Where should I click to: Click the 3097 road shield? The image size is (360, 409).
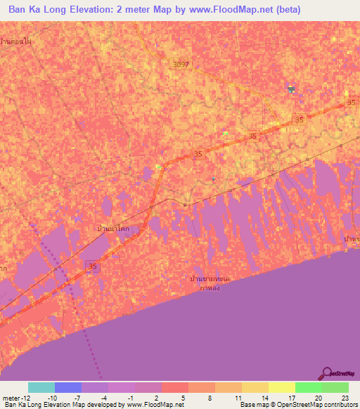click(181, 64)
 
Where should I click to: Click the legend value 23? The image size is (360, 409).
click(345, 397)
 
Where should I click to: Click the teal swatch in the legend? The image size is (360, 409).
click(41, 387)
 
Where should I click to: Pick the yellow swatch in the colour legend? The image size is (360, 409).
click(282, 387)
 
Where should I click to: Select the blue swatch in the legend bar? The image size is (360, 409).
click(68, 387)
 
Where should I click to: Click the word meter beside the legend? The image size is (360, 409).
click(10, 397)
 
